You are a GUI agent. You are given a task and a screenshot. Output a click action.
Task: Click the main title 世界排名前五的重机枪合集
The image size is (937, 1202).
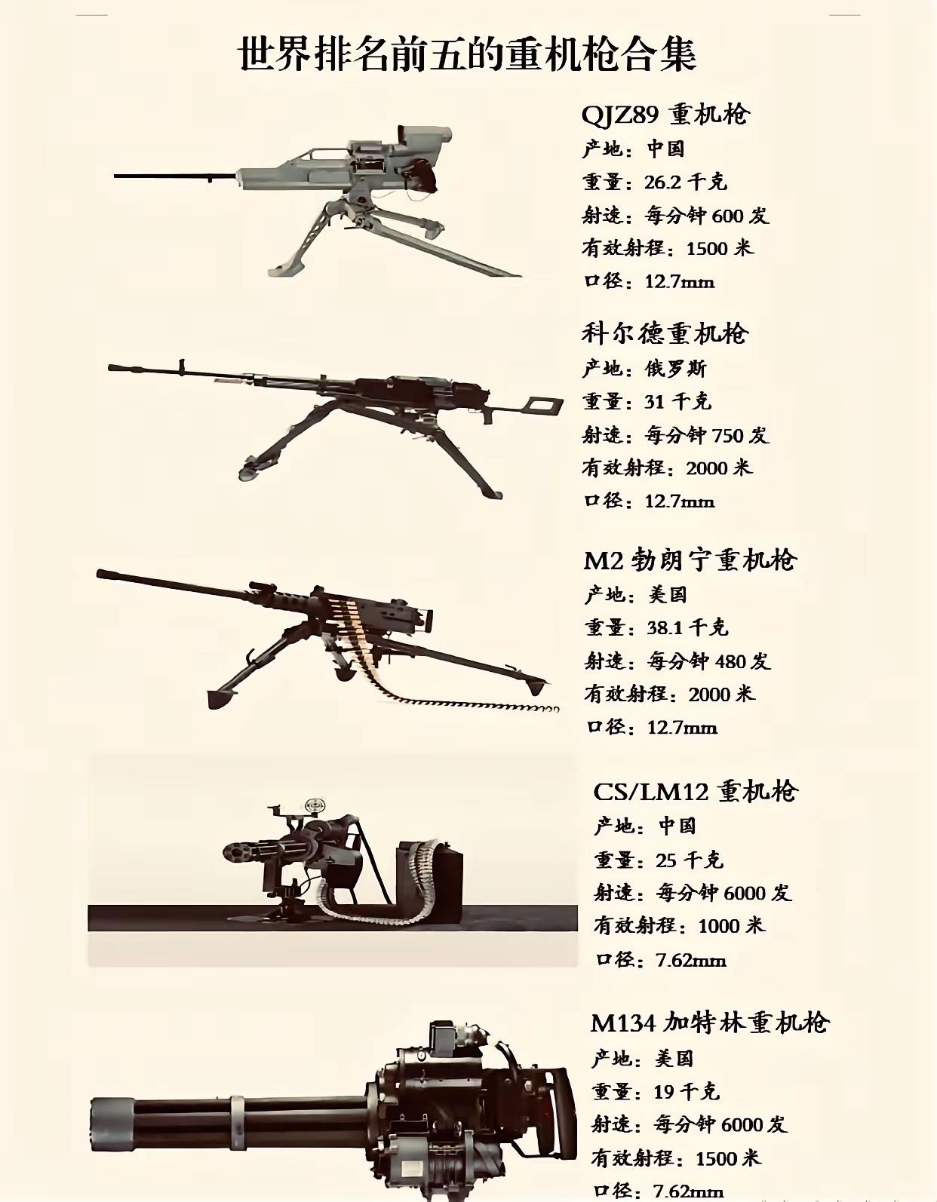click(x=468, y=54)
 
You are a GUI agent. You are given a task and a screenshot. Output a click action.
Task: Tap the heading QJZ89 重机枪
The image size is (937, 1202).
click(x=666, y=114)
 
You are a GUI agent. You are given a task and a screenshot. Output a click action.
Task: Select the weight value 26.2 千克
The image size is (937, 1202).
click(x=686, y=182)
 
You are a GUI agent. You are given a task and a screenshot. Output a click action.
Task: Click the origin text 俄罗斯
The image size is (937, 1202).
click(x=676, y=368)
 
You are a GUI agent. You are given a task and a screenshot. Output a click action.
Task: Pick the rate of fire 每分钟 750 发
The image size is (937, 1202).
click(x=707, y=435)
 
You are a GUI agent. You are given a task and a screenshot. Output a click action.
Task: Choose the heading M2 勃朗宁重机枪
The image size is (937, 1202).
click(x=690, y=560)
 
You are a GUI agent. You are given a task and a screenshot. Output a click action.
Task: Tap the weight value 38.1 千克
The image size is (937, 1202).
click(x=687, y=627)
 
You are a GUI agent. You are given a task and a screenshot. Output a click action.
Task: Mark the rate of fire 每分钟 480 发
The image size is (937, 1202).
click(x=709, y=661)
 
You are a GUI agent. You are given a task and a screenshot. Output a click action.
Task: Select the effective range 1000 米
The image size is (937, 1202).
click(x=732, y=925)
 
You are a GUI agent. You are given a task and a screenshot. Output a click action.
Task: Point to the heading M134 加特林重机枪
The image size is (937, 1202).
click(x=710, y=1023)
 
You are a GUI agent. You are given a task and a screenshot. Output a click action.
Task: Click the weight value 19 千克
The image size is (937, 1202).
click(x=687, y=1091)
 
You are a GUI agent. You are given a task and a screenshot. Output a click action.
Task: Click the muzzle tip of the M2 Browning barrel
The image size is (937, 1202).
click(x=101, y=574)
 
